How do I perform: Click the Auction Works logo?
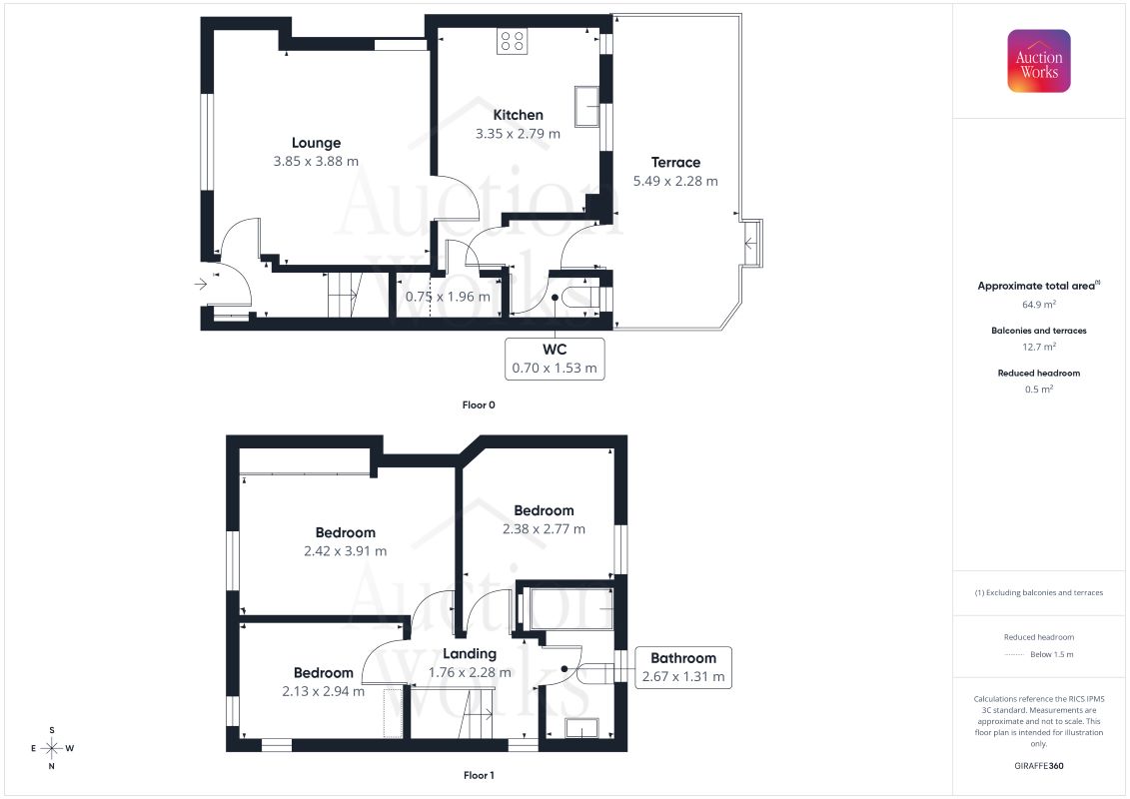click(1038, 61)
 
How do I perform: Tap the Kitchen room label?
click(518, 115)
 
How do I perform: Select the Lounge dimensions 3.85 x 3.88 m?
click(316, 162)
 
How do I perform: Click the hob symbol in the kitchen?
click(512, 41)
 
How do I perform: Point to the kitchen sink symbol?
click(587, 107)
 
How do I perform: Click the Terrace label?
click(675, 162)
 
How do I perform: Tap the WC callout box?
click(555, 359)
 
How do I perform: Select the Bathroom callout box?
click(683, 667)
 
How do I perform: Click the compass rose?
click(51, 749)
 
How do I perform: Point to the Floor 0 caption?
click(479, 404)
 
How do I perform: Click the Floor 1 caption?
click(479, 775)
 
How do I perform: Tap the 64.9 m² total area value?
click(1038, 304)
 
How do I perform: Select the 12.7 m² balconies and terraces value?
click(1038, 347)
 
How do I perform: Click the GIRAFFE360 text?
click(1038, 766)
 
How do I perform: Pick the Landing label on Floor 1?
click(470, 653)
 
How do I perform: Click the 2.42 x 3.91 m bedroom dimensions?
click(346, 551)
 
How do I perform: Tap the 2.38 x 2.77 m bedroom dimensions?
click(544, 528)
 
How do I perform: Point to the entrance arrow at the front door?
click(201, 284)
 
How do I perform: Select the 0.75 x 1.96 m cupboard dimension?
click(447, 296)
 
